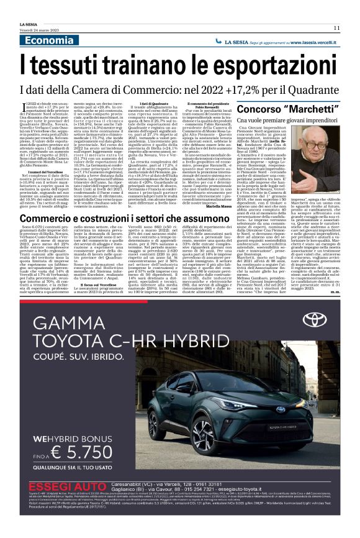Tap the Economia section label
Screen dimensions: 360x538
(49, 40)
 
